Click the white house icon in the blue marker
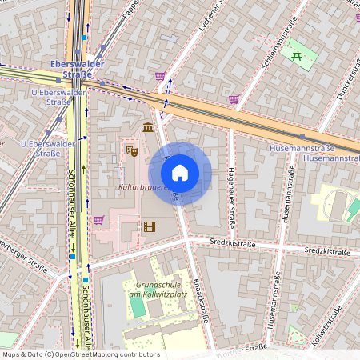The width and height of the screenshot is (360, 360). [x=180, y=173]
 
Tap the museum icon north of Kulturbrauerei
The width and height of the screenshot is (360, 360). [x=148, y=127]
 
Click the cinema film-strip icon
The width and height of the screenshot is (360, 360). [x=149, y=226]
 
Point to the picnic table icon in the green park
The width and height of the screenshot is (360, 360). [x=297, y=56]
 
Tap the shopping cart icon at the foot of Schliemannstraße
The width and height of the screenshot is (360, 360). [x=234, y=100]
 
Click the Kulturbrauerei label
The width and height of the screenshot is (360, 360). [x=142, y=187]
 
